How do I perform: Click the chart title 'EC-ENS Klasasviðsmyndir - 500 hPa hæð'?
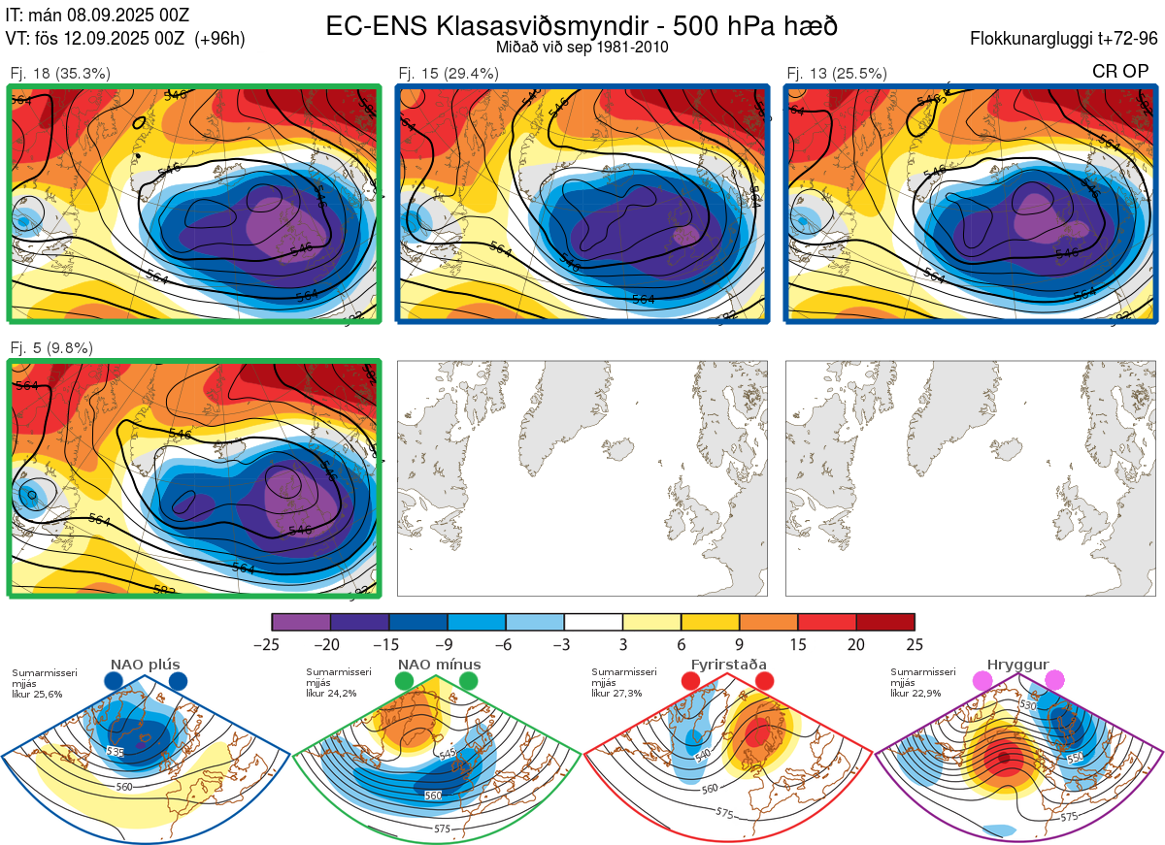point(582,25)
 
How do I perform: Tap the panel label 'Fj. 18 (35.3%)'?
point(59,73)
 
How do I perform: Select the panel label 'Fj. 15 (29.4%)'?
point(449,73)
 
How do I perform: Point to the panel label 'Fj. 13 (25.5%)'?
point(837,73)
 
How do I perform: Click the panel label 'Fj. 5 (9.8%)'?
point(51,347)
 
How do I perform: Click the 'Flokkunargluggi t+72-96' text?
point(1064,39)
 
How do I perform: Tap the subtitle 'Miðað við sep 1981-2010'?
point(582,47)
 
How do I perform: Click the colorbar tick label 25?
point(915,644)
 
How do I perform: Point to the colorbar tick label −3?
point(564,644)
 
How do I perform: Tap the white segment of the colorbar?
point(593,622)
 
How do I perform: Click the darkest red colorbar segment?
point(885,622)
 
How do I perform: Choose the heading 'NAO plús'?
point(145,665)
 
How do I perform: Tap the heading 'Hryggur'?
point(1017,665)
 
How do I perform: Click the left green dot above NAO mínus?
point(405,681)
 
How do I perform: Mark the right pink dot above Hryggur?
point(1054,681)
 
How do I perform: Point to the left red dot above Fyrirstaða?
point(691,681)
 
